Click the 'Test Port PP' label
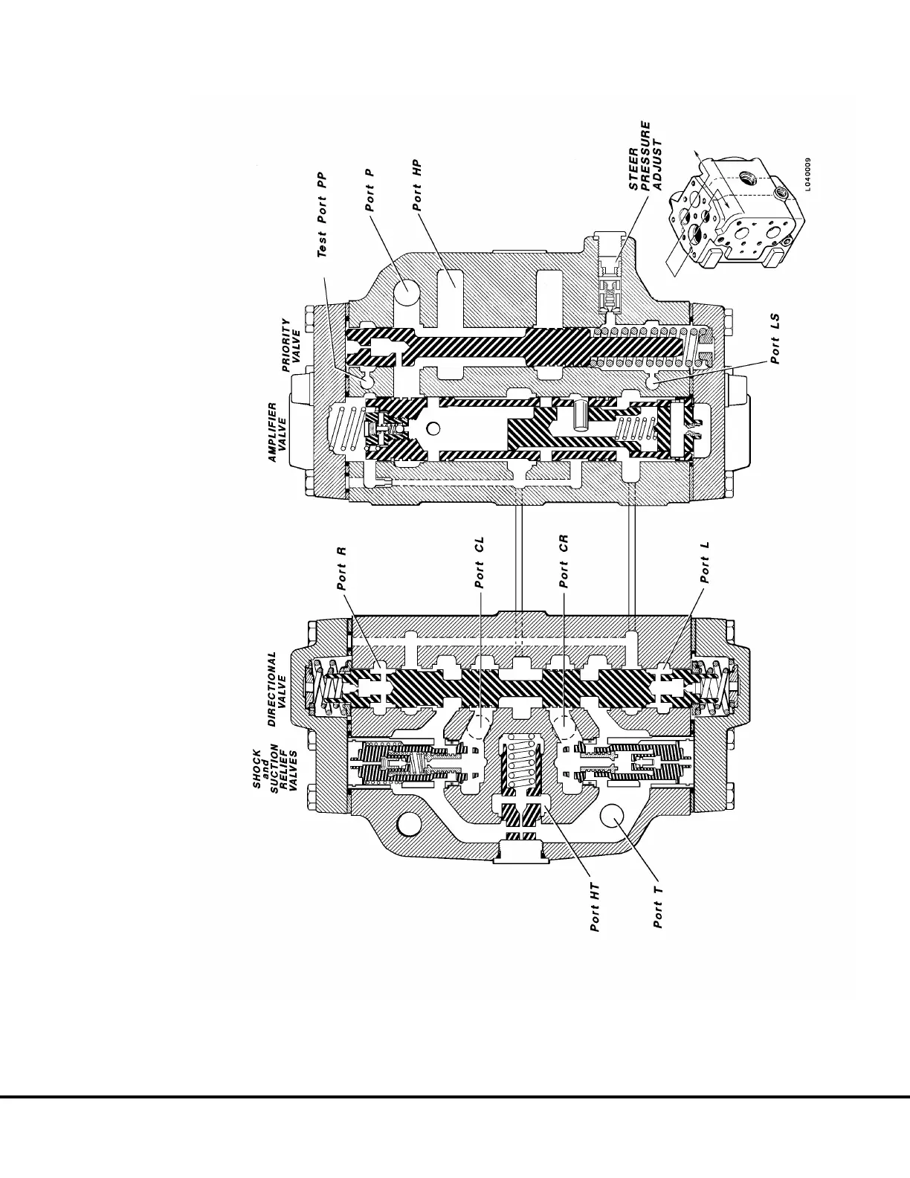coord(322,216)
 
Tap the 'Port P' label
coord(369,190)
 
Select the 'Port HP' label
coord(417,186)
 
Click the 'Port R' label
coord(343,568)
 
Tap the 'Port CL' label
coord(480,563)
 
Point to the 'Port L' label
coord(705,561)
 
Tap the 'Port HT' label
coord(595,907)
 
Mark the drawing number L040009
coord(807,174)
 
